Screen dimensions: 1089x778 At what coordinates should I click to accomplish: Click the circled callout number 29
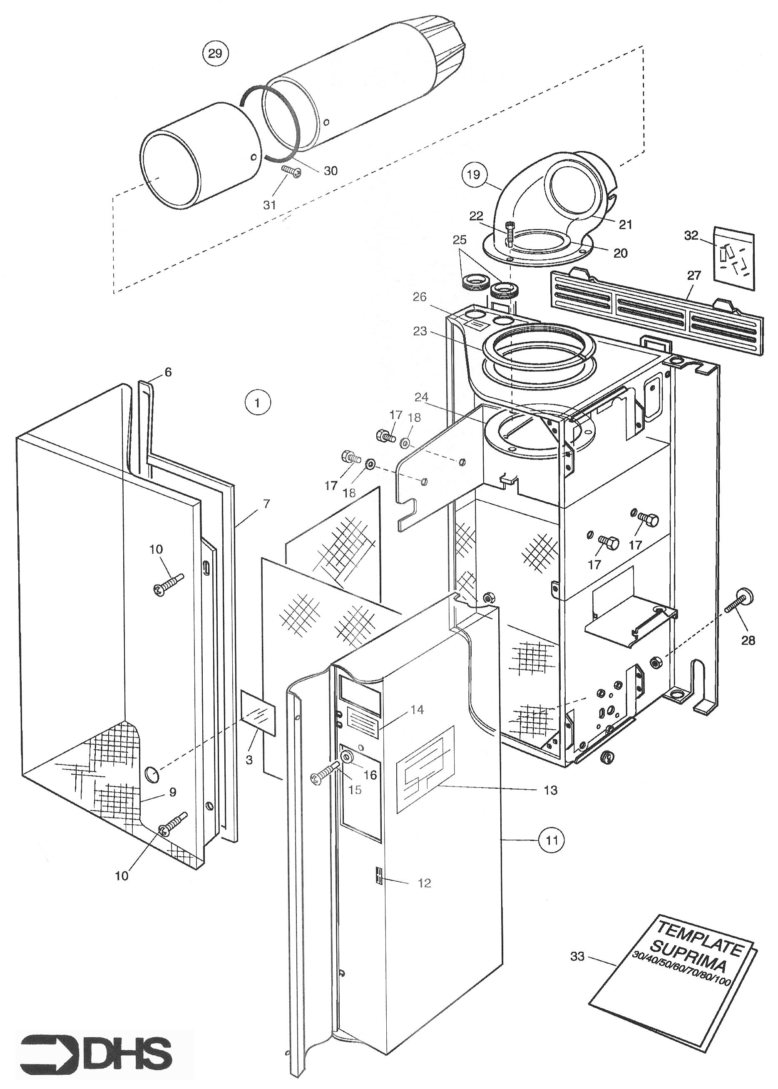tap(215, 53)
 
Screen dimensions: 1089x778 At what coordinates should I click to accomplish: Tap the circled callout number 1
tap(258, 403)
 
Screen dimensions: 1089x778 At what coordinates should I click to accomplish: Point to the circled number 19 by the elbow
tap(473, 174)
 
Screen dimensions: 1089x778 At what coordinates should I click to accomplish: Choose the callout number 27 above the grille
tap(693, 276)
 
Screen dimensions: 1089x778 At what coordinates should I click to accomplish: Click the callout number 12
tap(425, 883)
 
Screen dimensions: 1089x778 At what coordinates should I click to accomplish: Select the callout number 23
tap(420, 331)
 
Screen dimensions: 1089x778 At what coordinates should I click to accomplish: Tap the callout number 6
tap(168, 372)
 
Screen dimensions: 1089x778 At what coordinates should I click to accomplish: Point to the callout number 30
tap(331, 171)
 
